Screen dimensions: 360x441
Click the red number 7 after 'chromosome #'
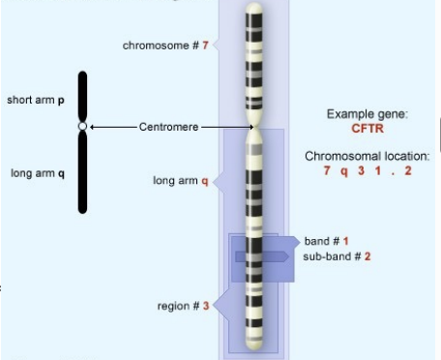205,45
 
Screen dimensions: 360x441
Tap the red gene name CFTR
367,128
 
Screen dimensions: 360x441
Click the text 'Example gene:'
367,114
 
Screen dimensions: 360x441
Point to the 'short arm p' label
37,101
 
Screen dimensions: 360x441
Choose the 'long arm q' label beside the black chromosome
38,174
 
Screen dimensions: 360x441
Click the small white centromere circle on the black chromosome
82,127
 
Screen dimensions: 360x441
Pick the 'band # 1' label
326,240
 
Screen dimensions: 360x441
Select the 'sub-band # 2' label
337,256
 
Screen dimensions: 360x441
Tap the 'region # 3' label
183,306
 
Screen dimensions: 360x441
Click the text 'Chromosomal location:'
367,156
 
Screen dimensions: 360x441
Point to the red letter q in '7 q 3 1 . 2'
344,170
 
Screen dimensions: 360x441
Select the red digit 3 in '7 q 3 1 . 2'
361,170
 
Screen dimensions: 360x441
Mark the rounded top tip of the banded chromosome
253,9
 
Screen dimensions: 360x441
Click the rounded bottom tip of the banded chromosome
253,345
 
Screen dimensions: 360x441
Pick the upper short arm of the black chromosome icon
82,97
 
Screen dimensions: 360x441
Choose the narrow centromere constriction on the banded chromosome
253,131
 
